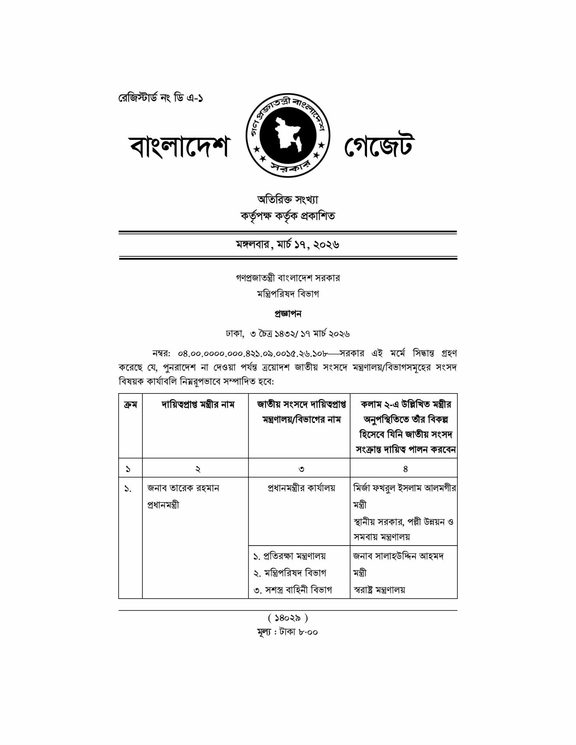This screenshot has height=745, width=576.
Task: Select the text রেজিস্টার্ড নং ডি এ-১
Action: (x=161, y=98)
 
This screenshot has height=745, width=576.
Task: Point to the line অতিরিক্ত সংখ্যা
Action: (x=288, y=199)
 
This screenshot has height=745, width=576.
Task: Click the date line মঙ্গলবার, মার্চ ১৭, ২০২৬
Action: (x=288, y=245)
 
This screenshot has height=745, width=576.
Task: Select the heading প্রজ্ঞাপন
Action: (x=288, y=314)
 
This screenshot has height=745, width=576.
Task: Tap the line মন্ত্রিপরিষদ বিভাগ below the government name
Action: (x=288, y=294)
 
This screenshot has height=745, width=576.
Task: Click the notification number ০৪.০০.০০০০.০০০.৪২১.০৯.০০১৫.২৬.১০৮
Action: (x=253, y=353)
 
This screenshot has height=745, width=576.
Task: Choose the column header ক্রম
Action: (x=130, y=405)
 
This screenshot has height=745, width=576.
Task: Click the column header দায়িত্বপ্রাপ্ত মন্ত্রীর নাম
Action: (x=198, y=405)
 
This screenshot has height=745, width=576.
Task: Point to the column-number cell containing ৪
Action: (x=405, y=469)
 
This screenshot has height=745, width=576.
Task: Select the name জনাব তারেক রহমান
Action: (x=183, y=488)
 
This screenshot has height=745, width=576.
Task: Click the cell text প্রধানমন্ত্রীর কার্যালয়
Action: (x=301, y=488)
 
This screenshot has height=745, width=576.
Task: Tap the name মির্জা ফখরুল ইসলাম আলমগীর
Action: (x=405, y=488)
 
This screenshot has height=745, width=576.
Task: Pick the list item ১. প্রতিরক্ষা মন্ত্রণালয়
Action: (x=289, y=556)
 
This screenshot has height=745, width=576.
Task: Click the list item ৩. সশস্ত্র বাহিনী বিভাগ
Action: (x=293, y=590)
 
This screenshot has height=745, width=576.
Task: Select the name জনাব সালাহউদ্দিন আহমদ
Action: (x=398, y=556)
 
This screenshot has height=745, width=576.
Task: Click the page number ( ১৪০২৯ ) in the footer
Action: (x=288, y=618)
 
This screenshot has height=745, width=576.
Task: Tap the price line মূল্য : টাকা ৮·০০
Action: (x=288, y=632)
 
